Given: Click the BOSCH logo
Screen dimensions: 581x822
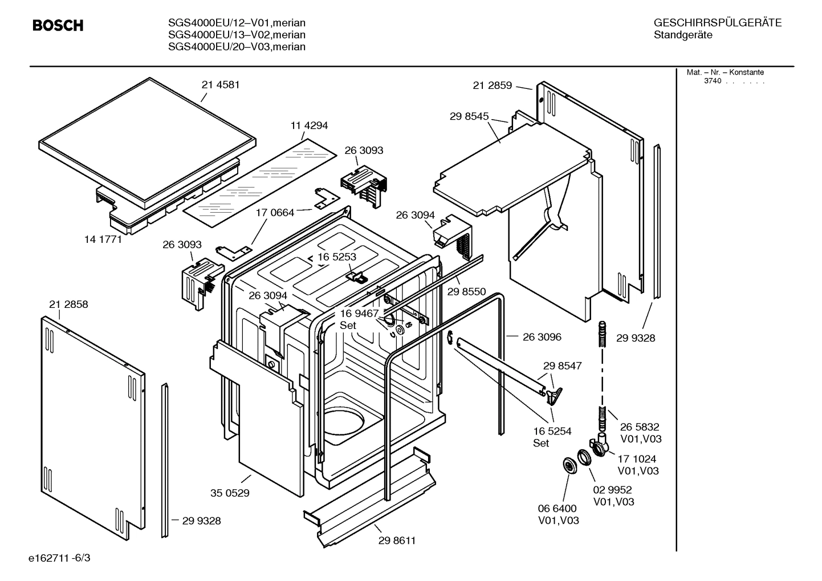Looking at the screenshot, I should pyautogui.click(x=58, y=26).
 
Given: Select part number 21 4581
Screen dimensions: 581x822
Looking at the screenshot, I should pyautogui.click(x=220, y=85).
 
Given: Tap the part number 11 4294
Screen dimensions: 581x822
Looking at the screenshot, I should pyautogui.click(x=309, y=125).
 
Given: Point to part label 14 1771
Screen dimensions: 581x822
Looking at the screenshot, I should pyautogui.click(x=103, y=239).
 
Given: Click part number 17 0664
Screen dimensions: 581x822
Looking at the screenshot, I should pyautogui.click(x=275, y=213).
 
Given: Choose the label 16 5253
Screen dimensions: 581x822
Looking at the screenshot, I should pyautogui.click(x=337, y=257).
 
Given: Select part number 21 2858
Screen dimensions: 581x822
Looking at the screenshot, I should pyautogui.click(x=68, y=304).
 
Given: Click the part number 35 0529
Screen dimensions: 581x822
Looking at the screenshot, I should pyautogui.click(x=230, y=493).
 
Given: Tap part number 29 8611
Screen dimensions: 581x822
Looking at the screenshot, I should pyautogui.click(x=397, y=541).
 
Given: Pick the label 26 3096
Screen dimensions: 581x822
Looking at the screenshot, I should pyautogui.click(x=542, y=337).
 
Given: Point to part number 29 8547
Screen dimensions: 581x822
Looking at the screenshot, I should pyautogui.click(x=562, y=365).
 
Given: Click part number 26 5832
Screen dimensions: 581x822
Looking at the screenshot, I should pyautogui.click(x=640, y=427).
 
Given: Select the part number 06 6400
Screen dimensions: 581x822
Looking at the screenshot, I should pyautogui.click(x=558, y=508).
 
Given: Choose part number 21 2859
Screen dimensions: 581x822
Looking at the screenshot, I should pyautogui.click(x=493, y=86).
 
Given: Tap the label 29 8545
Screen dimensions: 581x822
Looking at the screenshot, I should pyautogui.click(x=469, y=116).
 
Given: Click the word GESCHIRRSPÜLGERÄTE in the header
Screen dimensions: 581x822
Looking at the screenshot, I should pyautogui.click(x=717, y=23).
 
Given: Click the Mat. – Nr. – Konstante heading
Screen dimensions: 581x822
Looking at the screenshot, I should pyautogui.click(x=725, y=72).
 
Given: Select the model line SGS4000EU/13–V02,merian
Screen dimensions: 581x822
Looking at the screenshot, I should pyautogui.click(x=237, y=35).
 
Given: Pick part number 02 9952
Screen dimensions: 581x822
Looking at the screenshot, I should pyautogui.click(x=612, y=490).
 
